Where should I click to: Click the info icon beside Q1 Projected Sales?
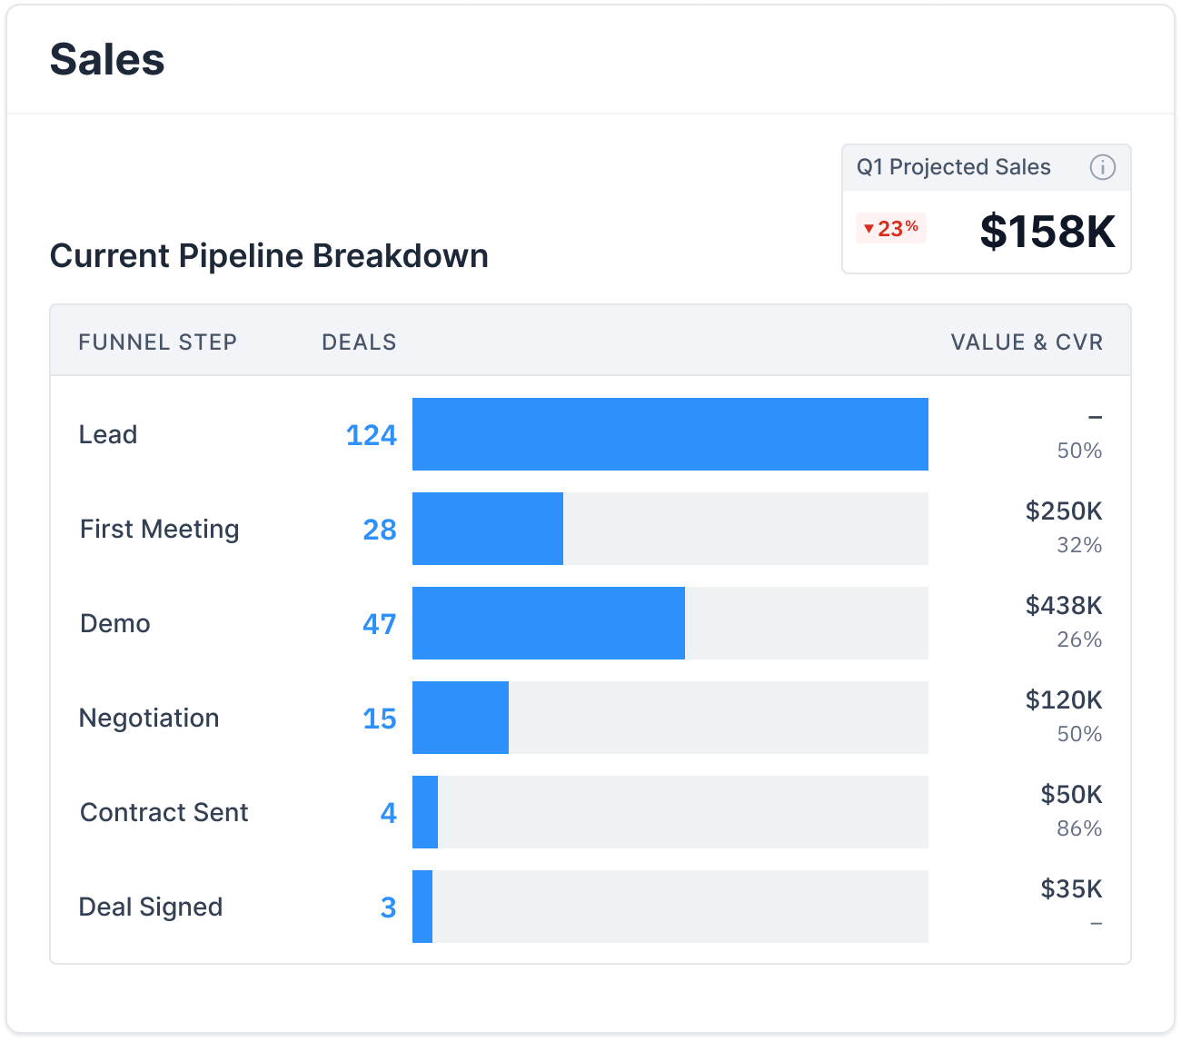pos(1102,167)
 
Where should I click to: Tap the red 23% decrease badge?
pos(890,228)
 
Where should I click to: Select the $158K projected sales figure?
pos(1047,232)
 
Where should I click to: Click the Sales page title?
pos(107,60)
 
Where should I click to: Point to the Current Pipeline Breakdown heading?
pos(269,256)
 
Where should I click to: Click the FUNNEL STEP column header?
pos(157,342)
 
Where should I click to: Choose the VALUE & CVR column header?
pos(1027,342)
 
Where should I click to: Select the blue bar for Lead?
pos(670,434)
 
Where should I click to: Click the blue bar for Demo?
pos(548,623)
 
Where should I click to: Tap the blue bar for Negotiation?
pos(460,718)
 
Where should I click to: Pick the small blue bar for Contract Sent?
pos(425,812)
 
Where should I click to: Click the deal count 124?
pos(371,435)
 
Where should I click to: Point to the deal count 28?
pos(380,530)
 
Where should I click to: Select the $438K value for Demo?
pos(1064,606)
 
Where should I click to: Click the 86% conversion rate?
pos(1079,828)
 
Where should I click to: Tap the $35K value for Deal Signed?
pos(1071,889)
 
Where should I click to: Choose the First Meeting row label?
pos(160,529)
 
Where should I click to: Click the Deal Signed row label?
pos(151,907)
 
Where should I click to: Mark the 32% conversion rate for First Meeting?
pos(1079,545)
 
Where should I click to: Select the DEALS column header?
pos(359,342)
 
